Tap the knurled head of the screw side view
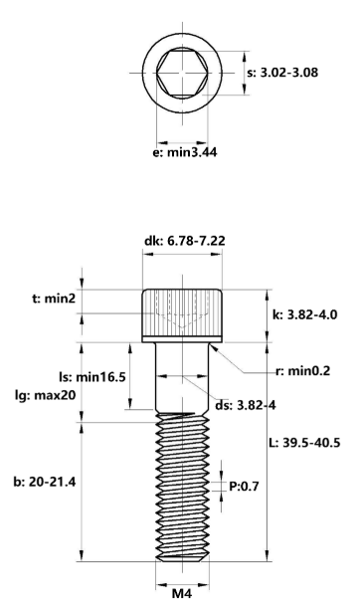pos(180,313)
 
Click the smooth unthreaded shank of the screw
pos(180,378)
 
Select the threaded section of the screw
pos(180,488)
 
